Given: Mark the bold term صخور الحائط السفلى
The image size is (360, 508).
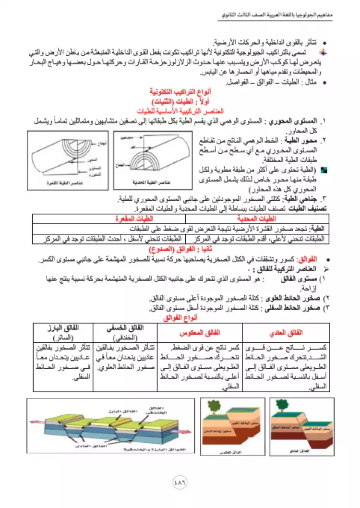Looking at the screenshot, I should [299, 308].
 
